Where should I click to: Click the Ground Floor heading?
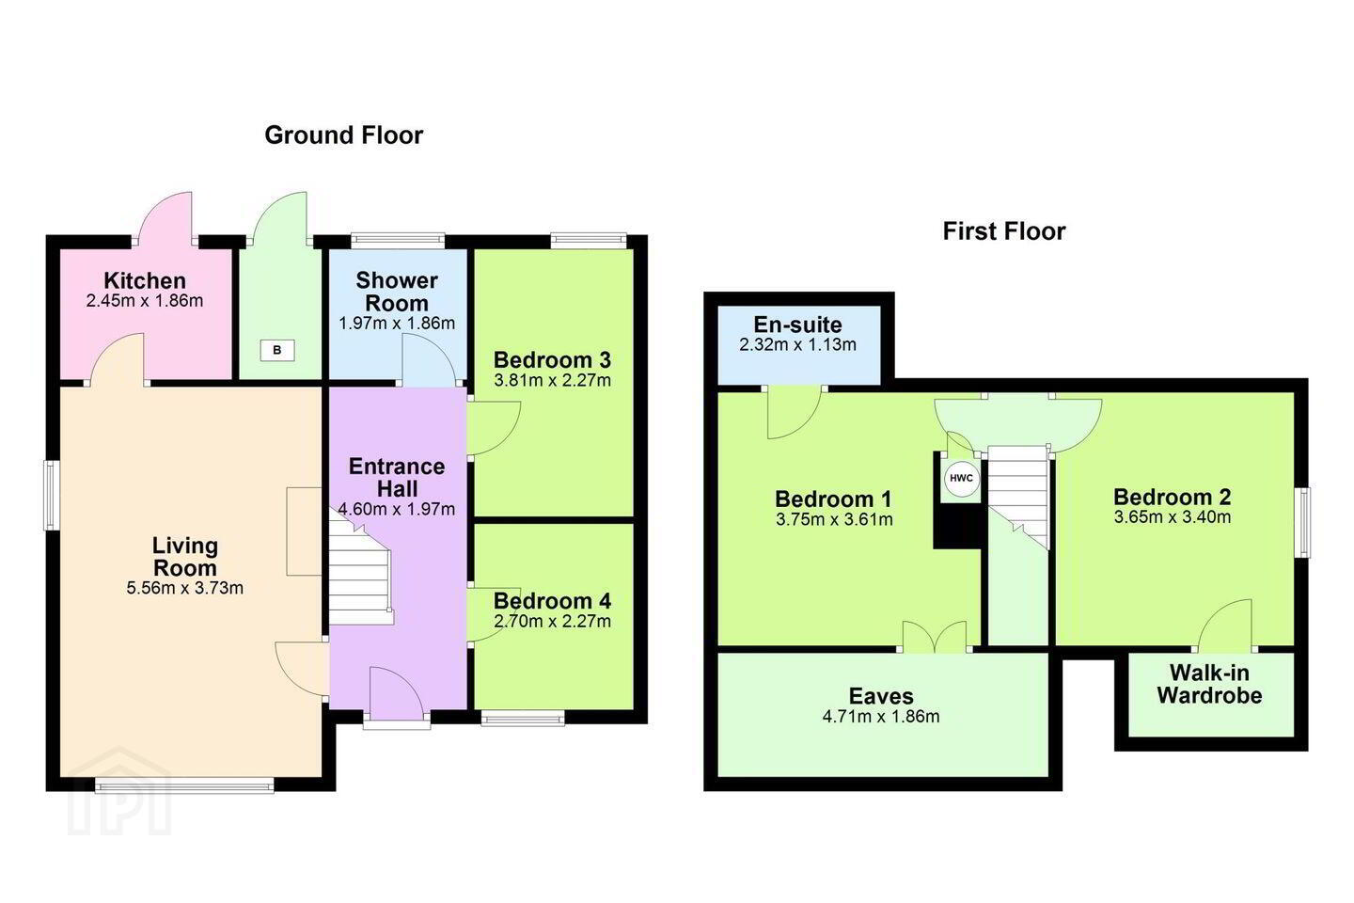(343, 135)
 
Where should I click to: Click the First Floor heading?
(1004, 231)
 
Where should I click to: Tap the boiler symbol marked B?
(276, 350)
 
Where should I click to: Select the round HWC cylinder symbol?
(961, 479)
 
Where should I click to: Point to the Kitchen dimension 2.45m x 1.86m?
(145, 301)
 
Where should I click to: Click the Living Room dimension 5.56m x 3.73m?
(185, 588)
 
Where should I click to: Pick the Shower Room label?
(397, 292)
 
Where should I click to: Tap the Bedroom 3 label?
(552, 360)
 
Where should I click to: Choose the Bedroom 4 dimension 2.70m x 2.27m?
(553, 621)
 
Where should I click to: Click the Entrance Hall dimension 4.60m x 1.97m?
(397, 509)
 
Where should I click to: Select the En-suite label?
(797, 325)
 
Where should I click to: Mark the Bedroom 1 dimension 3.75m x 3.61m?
(834, 519)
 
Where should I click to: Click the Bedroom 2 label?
(1172, 498)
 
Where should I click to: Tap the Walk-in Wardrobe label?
(1209, 684)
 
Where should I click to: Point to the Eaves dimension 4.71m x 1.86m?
(881, 717)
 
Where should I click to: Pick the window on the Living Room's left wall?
(52, 496)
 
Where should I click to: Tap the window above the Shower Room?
(398, 241)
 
